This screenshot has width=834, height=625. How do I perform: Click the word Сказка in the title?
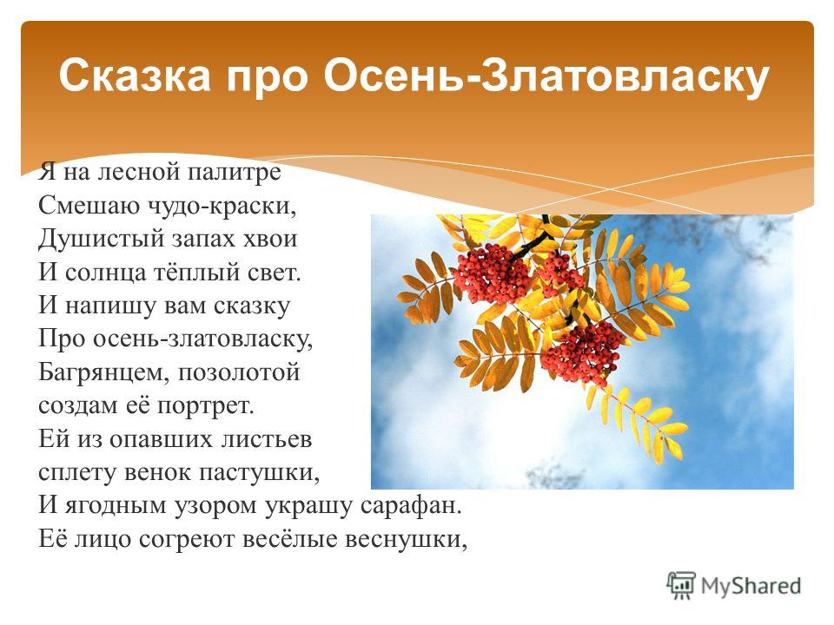(135, 75)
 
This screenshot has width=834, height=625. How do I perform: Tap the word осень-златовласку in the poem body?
(203, 339)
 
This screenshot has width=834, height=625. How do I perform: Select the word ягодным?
(116, 506)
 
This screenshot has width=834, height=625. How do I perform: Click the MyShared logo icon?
(681, 586)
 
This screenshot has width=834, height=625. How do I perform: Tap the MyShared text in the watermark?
(751, 586)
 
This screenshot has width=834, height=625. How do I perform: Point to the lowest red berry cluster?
(582, 353)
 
